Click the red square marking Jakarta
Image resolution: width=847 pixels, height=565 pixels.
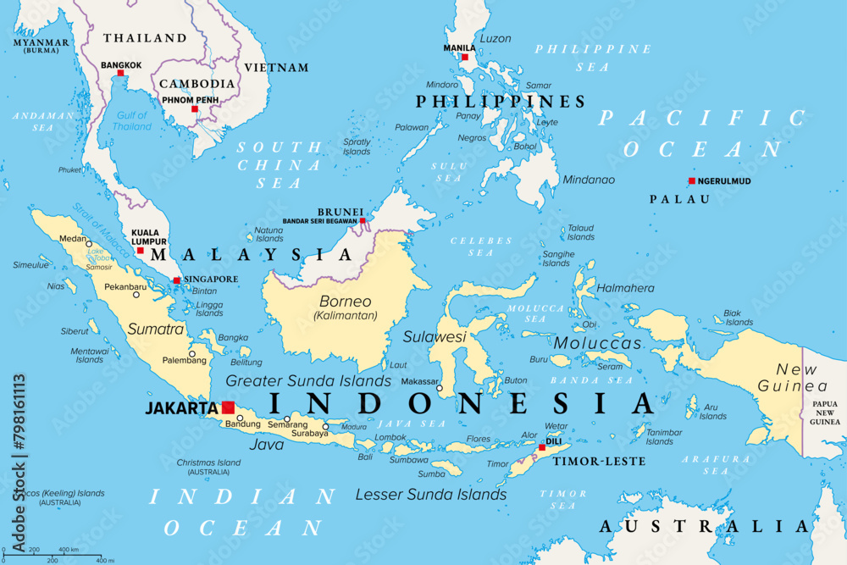pos(228,407)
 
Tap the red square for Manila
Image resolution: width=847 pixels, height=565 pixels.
pos(464,58)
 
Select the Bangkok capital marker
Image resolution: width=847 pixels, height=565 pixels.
pos(120,73)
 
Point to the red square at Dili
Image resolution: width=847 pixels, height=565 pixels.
pos(542,447)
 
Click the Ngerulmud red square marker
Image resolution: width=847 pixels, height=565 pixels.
pos(691,180)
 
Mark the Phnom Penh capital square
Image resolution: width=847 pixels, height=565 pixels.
pos(194,109)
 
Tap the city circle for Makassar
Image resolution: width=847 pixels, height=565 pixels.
pos(439,388)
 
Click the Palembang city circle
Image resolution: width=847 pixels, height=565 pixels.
pos(192,354)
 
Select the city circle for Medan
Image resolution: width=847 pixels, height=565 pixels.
pos(88,243)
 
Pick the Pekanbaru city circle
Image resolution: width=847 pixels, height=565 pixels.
pos(136,295)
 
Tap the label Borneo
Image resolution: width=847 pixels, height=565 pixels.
pos(345,301)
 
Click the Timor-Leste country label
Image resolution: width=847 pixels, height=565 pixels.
pos(600,462)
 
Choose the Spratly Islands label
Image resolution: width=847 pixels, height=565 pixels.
pos(357,147)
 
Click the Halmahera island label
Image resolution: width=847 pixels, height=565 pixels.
pos(626,288)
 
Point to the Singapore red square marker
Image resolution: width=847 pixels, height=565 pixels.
pos(176,280)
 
